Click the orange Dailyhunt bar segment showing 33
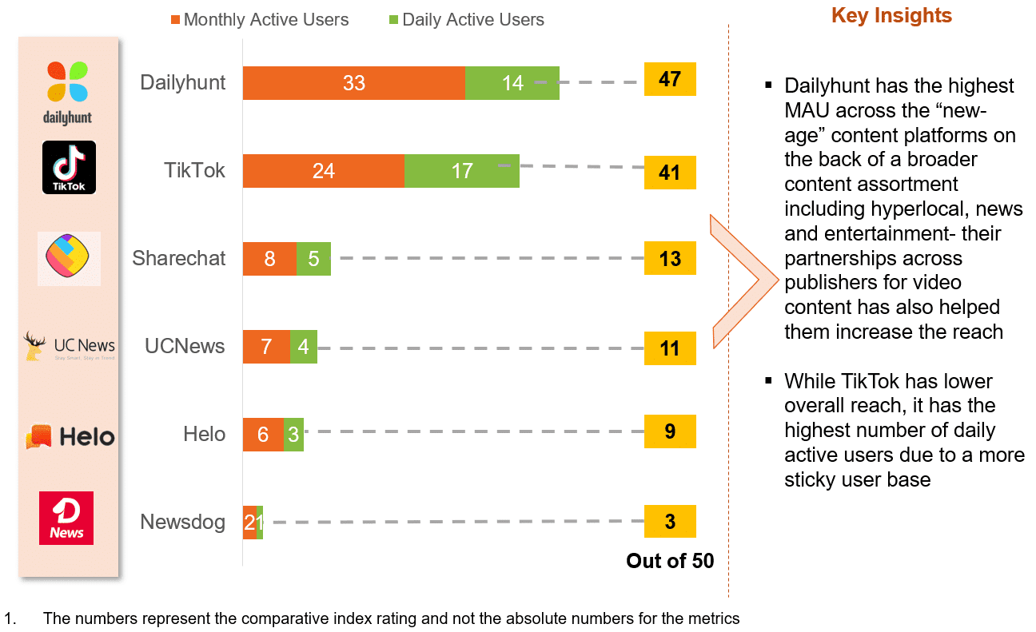pyautogui.click(x=353, y=83)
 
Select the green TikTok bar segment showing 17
pyautogui.click(x=461, y=171)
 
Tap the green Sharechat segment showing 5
pyautogui.click(x=313, y=259)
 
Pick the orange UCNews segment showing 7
pyautogui.click(x=266, y=347)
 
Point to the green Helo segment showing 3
pyautogui.click(x=293, y=435)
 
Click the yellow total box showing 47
pyautogui.click(x=670, y=80)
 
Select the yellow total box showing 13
pyautogui.click(x=670, y=258)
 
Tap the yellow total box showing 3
pyautogui.click(x=670, y=522)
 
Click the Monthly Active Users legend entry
pyautogui.click(x=259, y=20)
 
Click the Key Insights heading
pyautogui.click(x=891, y=16)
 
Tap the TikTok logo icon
pyautogui.click(x=69, y=167)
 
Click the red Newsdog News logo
pyautogui.click(x=66, y=518)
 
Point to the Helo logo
pyautogui.click(x=70, y=436)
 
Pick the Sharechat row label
pyautogui.click(x=179, y=259)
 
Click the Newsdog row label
pyautogui.click(x=182, y=523)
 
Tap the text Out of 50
pyautogui.click(x=670, y=561)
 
